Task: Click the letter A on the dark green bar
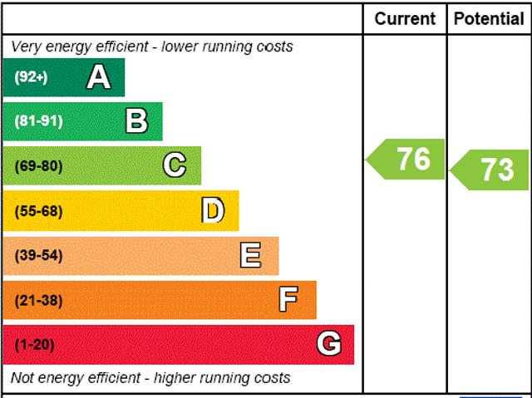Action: click(x=98, y=77)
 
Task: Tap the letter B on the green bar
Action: click(x=136, y=121)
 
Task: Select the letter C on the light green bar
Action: click(x=175, y=165)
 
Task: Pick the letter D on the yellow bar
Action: click(x=214, y=211)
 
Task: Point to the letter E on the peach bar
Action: click(x=250, y=255)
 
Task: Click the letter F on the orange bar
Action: click(x=288, y=299)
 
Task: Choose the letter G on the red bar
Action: click(x=329, y=343)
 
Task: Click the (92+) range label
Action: click(x=32, y=78)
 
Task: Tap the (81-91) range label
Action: click(x=38, y=122)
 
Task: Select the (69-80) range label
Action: click(x=38, y=166)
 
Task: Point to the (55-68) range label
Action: click(x=38, y=211)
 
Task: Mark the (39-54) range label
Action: click(x=38, y=256)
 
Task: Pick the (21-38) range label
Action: click(x=38, y=300)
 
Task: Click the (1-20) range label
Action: click(x=34, y=344)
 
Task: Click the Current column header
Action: click(x=405, y=18)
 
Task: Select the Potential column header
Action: click(x=490, y=18)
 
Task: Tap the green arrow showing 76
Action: click(x=407, y=159)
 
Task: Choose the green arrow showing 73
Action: click(x=491, y=170)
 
